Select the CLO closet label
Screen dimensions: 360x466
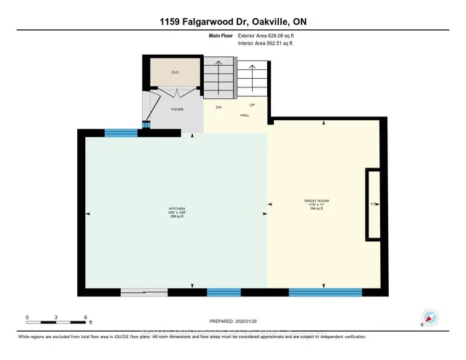click(175, 73)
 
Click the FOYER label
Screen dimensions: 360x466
click(177, 109)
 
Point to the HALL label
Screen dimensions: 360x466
click(245, 115)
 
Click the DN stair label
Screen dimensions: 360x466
click(217, 107)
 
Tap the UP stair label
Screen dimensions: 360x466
click(251, 105)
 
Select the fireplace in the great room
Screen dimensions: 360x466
click(373, 204)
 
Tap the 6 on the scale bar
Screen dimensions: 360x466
click(87, 318)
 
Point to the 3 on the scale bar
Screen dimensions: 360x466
click(57, 318)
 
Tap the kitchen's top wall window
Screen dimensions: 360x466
click(121, 133)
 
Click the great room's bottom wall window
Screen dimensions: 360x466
click(325, 292)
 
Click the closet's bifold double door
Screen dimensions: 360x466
click(175, 91)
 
